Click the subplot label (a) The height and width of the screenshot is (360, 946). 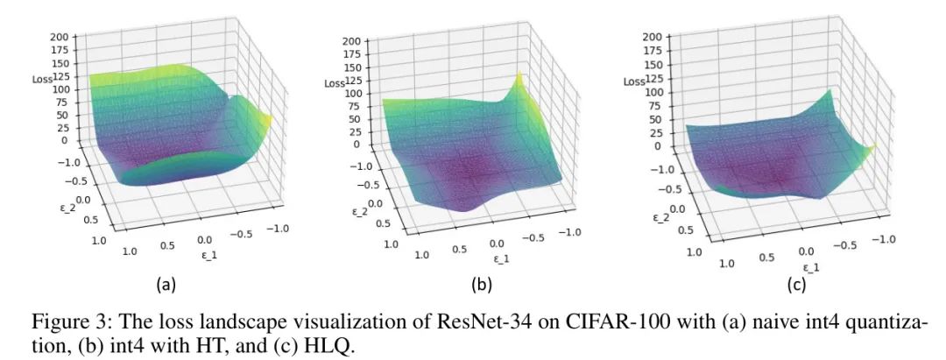166,285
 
